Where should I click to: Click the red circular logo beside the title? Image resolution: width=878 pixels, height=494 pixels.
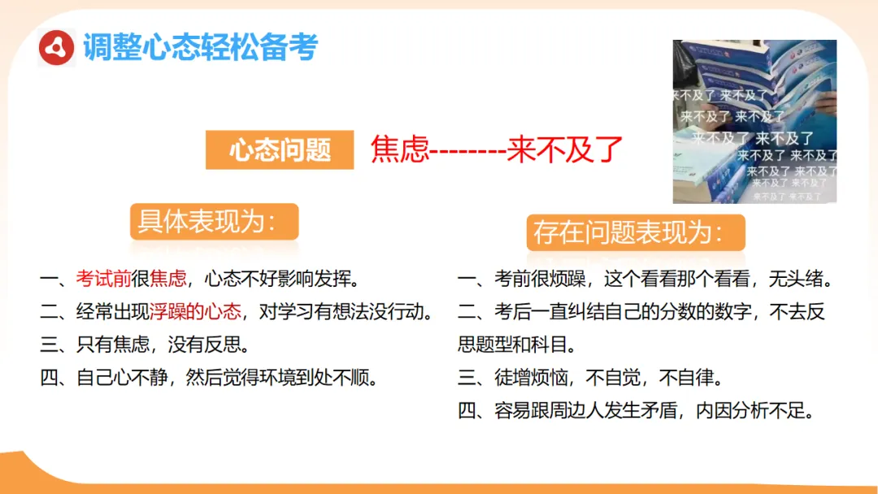coord(57,49)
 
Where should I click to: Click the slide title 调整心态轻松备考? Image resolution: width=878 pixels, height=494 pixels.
coord(200,48)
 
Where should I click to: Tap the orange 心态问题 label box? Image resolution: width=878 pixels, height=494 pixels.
coord(280,150)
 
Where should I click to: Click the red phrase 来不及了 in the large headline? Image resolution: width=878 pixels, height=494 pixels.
coord(565,149)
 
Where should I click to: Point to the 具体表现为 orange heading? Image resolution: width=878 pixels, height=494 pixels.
coord(214,221)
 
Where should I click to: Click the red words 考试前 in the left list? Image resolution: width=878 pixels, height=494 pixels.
coord(103,279)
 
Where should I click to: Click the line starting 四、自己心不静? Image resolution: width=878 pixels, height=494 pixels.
coord(211,378)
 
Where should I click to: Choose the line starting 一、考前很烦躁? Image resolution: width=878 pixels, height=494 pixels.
coord(647,279)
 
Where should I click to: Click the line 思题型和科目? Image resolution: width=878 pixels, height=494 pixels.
coord(516,344)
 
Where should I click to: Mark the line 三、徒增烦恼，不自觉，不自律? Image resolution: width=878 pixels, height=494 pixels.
coord(591,378)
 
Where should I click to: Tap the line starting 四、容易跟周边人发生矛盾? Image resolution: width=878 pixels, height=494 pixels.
coord(637,410)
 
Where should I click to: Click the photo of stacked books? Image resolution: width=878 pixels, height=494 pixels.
coord(754,121)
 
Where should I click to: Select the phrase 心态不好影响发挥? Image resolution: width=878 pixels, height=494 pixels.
coord(281,279)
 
